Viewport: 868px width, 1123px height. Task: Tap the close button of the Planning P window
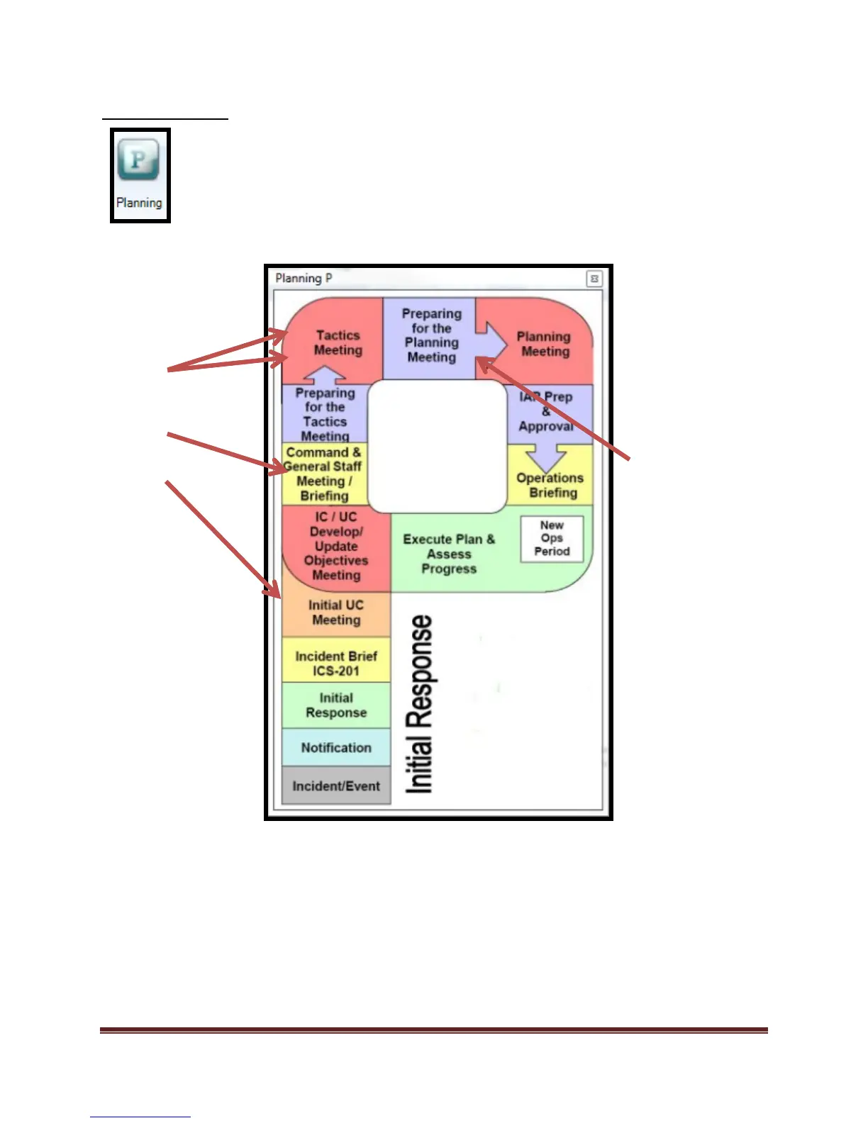click(x=594, y=279)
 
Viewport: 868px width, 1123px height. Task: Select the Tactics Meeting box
click(x=338, y=342)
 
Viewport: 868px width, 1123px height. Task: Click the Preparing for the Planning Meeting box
click(x=431, y=335)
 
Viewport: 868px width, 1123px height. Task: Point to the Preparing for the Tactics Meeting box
click(x=325, y=414)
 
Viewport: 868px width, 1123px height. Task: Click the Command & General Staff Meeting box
click(x=323, y=474)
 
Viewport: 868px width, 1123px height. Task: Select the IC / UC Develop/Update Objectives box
click(x=336, y=546)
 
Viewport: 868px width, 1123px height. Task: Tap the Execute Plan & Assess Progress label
click(x=449, y=554)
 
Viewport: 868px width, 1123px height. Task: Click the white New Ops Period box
click(x=552, y=539)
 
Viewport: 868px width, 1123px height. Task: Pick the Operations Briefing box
click(x=551, y=485)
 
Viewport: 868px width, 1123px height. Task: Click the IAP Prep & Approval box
click(x=546, y=412)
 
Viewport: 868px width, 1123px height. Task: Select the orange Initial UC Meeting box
click(x=336, y=613)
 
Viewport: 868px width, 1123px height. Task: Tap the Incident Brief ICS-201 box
click(x=336, y=664)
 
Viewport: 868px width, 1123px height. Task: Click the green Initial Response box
click(x=336, y=705)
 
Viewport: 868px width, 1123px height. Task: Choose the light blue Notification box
click(x=336, y=748)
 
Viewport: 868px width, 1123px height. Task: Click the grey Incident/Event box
click(x=336, y=786)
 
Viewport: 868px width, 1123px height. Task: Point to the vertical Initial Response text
click(x=419, y=704)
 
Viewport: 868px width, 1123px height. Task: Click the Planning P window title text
click(x=304, y=279)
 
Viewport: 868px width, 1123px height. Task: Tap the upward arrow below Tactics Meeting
click(x=324, y=374)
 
